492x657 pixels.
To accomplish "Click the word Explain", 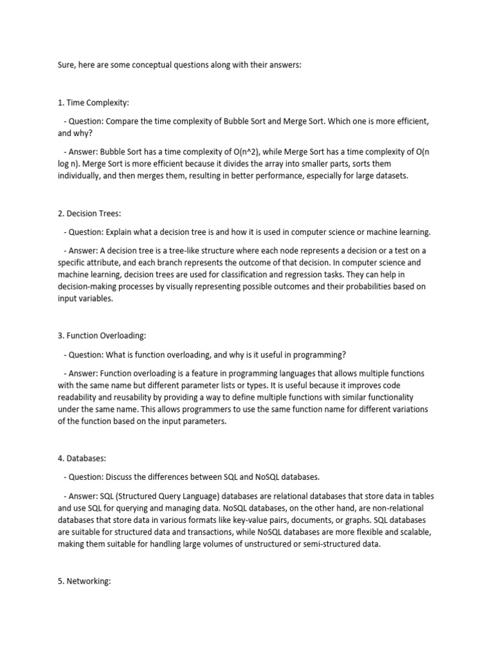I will pos(122,232).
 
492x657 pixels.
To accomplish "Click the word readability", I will pos(79,397).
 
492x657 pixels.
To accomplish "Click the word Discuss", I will pos(120,477).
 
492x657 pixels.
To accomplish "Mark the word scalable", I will pos(413,533).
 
